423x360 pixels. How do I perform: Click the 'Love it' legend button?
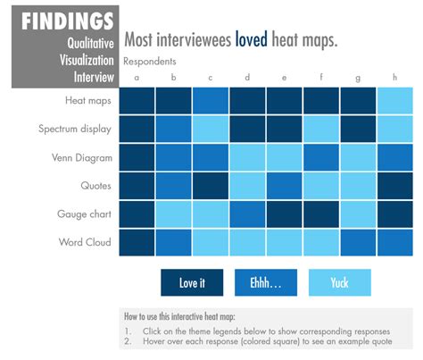pyautogui.click(x=192, y=283)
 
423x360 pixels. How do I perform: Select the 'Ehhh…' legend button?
pyautogui.click(x=265, y=283)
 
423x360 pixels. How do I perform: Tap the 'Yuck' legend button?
pyautogui.click(x=339, y=283)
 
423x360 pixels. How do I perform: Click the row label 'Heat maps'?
pyautogui.click(x=87, y=100)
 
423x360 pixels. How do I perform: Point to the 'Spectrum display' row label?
pyautogui.click(x=75, y=129)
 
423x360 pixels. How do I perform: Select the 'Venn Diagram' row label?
pyautogui.click(x=80, y=157)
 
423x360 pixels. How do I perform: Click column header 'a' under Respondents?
pyautogui.click(x=137, y=77)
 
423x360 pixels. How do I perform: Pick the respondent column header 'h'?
pyautogui.click(x=394, y=77)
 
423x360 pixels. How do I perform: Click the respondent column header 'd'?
pyautogui.click(x=247, y=77)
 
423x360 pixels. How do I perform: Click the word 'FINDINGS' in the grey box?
pyautogui.click(x=68, y=21)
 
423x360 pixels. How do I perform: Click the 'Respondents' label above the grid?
pyautogui.click(x=149, y=62)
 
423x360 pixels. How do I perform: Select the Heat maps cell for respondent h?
pyautogui.click(x=394, y=101)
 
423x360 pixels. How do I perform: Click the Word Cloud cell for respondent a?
pyautogui.click(x=137, y=242)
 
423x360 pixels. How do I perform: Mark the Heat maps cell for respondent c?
pyautogui.click(x=211, y=101)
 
